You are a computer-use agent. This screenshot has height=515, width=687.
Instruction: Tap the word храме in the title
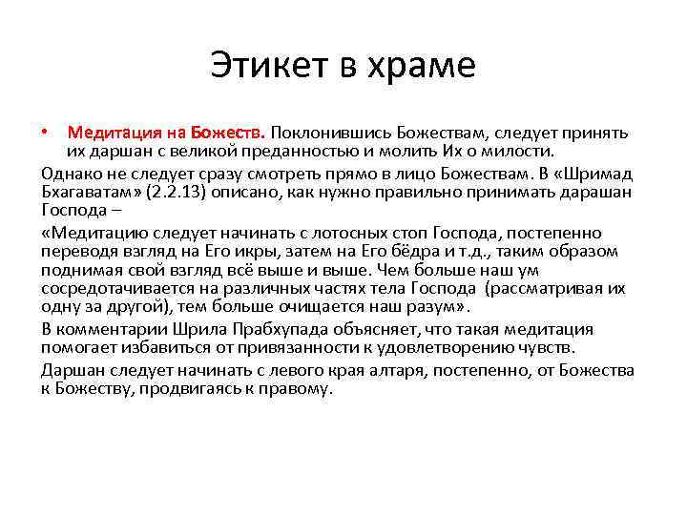(423, 66)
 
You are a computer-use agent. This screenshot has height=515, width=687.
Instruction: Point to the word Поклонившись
(327, 132)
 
